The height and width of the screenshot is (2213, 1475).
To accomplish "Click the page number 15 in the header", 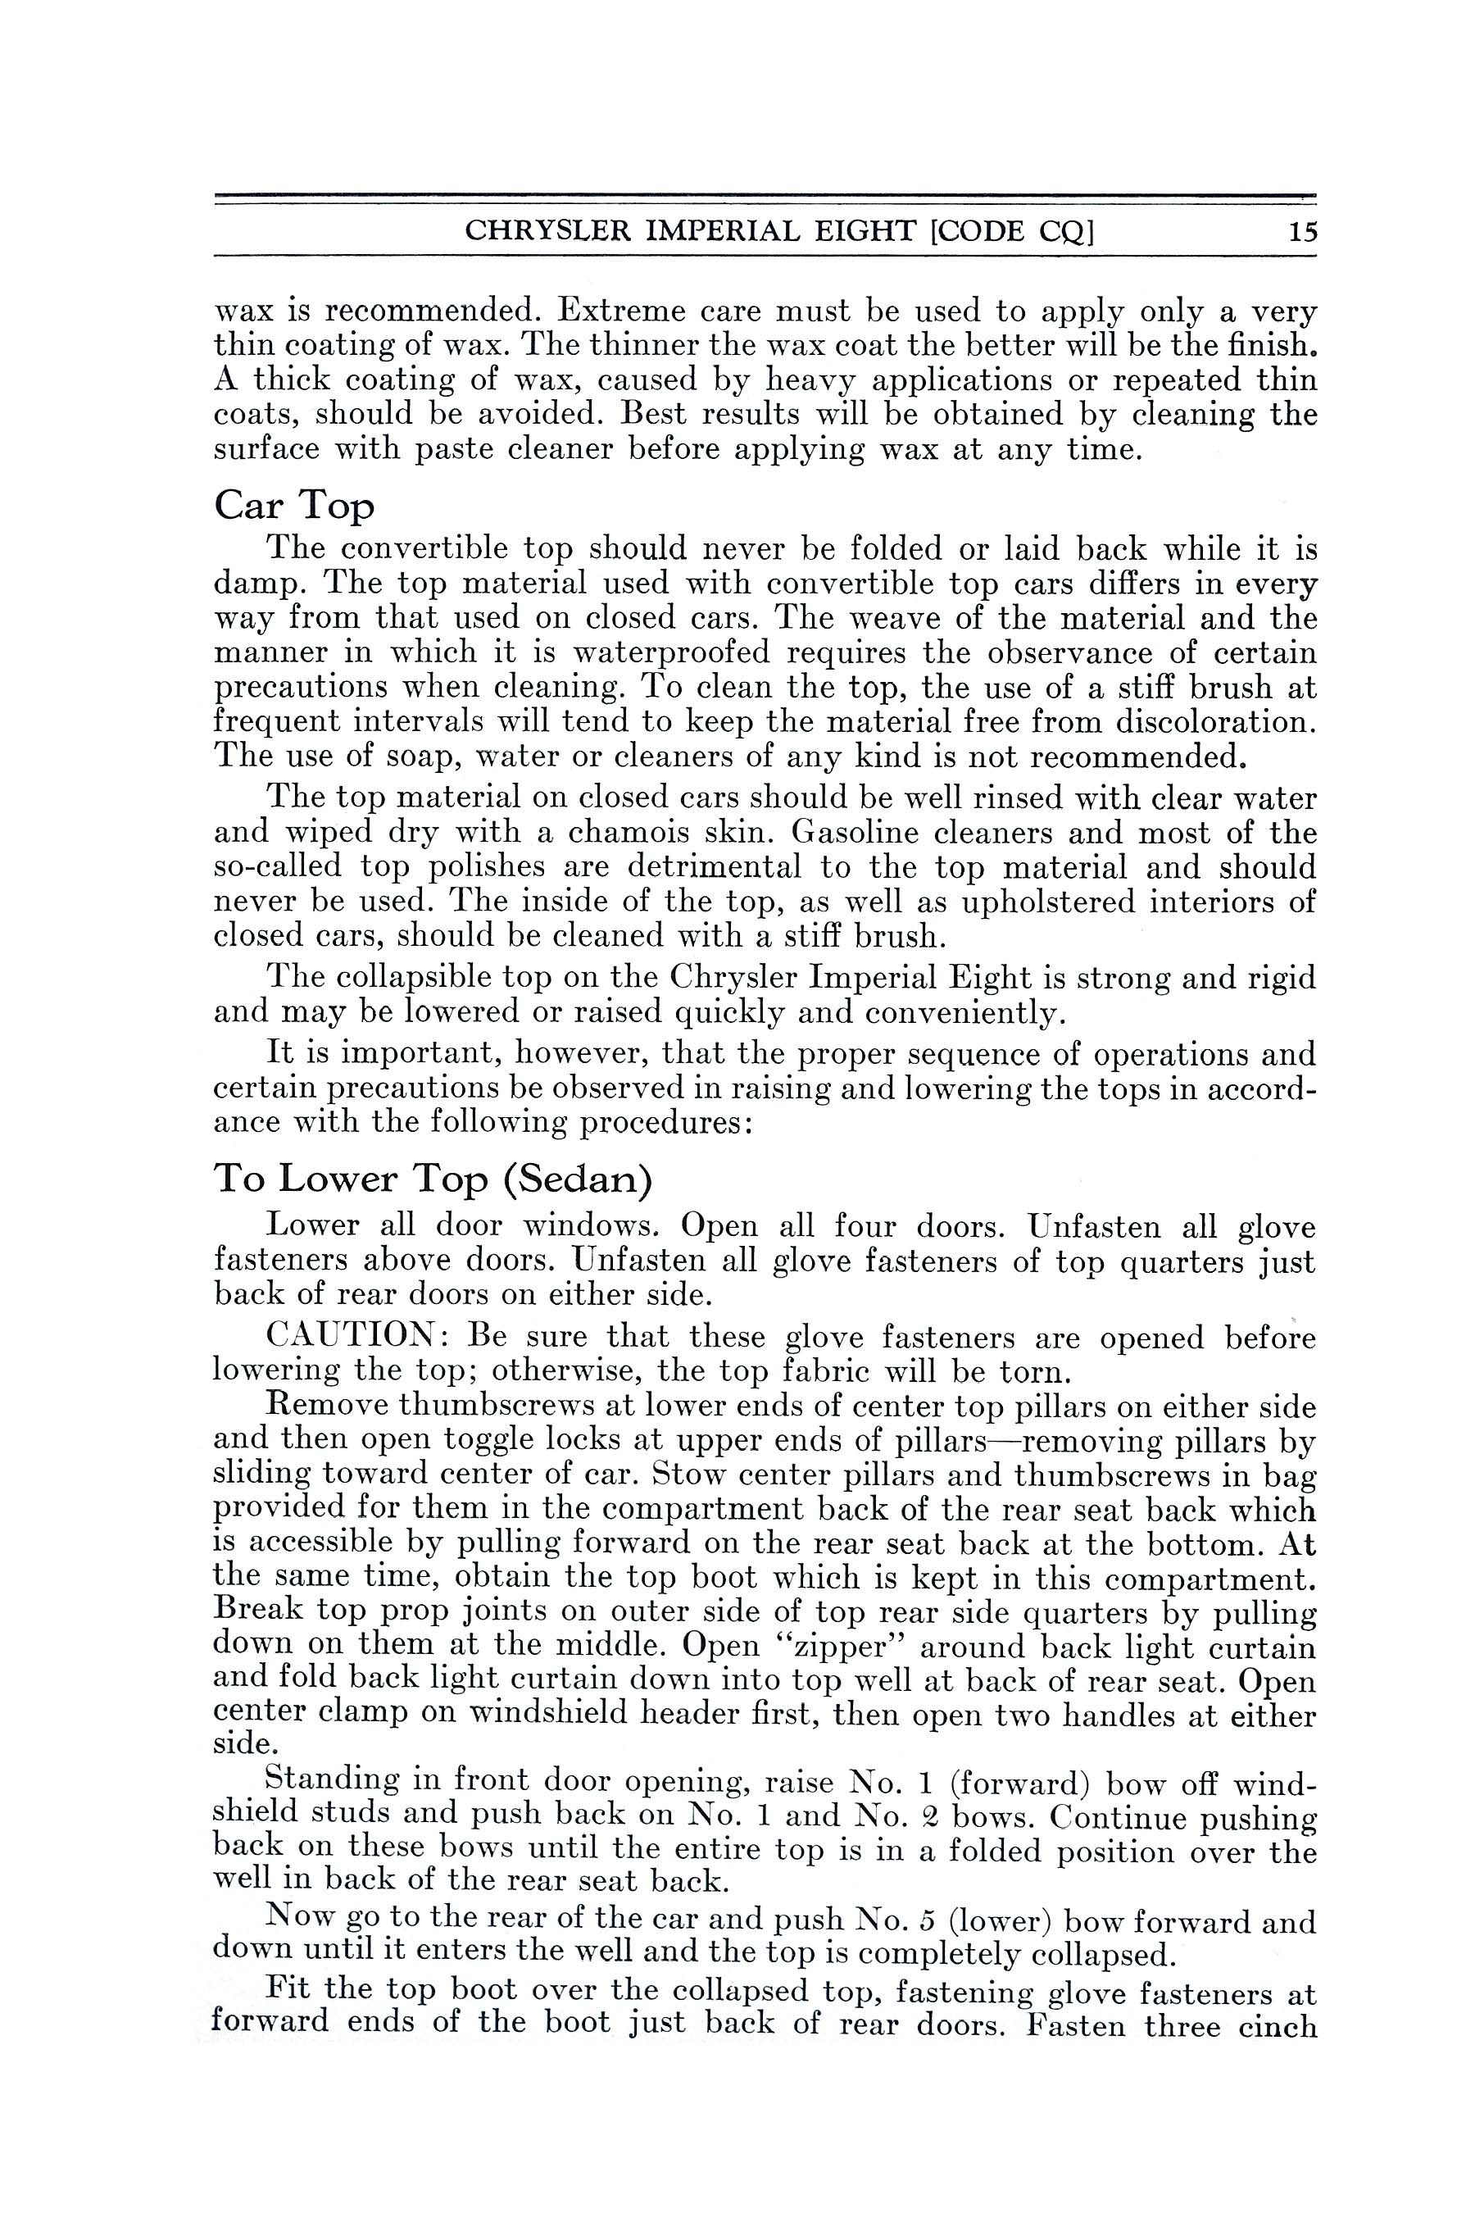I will pyautogui.click(x=1303, y=230).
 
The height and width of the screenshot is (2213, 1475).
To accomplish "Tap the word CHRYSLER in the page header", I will pyautogui.click(x=538, y=230).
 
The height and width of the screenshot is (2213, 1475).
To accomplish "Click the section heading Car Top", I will pyautogui.click(x=293, y=507).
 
